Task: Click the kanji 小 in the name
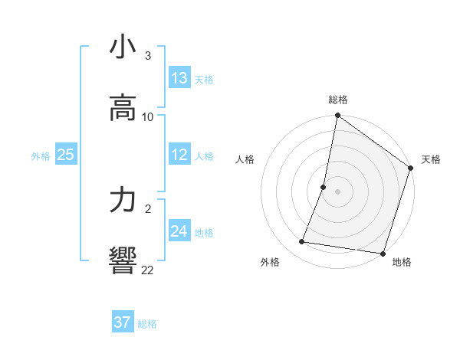click(x=123, y=47)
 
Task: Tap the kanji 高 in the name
click(x=123, y=108)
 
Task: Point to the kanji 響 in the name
click(x=123, y=261)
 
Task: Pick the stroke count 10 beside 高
click(x=148, y=116)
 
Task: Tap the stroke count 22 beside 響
click(x=147, y=270)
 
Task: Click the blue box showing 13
click(x=179, y=78)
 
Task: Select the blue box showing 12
click(x=179, y=155)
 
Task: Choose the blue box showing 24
click(x=179, y=231)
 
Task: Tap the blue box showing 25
click(x=66, y=155)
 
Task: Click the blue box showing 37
click(x=123, y=322)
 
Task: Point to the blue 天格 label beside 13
click(x=204, y=80)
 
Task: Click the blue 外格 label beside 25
click(x=41, y=156)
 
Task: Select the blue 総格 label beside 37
click(x=147, y=324)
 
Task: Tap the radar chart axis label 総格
click(x=338, y=100)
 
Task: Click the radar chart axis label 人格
click(x=245, y=159)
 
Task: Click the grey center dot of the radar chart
click(x=338, y=191)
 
